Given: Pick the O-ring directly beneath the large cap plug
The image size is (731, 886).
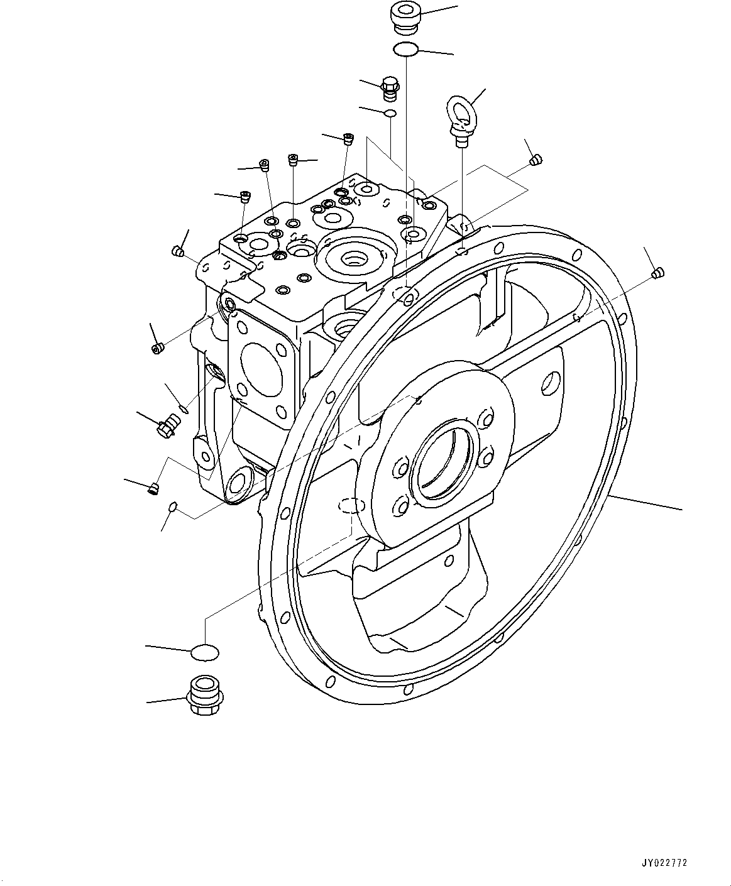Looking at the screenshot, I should (405, 49).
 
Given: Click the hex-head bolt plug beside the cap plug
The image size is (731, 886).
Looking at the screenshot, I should (390, 88).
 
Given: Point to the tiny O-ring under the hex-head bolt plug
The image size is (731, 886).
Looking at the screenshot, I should (390, 113).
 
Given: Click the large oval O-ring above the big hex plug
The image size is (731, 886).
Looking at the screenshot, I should (205, 652).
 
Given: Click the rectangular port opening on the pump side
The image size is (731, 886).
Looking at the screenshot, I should (261, 371).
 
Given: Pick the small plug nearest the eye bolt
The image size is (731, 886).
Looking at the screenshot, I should (536, 161).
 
